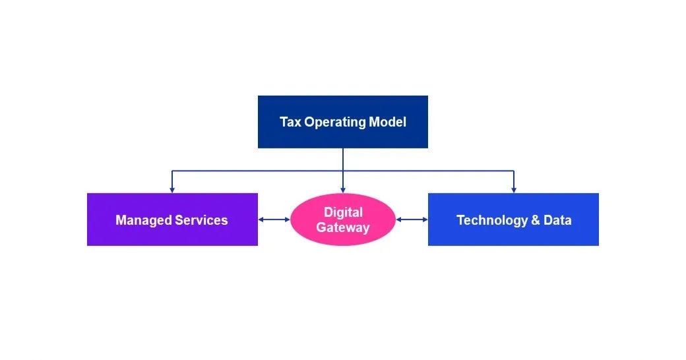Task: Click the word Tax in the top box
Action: point(290,122)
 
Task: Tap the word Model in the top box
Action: point(389,122)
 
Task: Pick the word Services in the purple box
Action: point(201,220)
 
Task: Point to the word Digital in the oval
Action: point(343,212)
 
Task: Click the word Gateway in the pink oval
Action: point(343,228)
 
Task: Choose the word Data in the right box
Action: point(557,220)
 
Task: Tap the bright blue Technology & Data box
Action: point(513,235)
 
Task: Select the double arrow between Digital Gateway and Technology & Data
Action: point(412,220)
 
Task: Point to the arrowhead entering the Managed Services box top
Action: point(172,190)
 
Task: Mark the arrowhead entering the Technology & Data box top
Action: point(513,190)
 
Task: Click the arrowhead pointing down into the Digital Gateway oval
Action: point(343,190)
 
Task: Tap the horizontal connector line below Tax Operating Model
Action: point(257,171)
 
